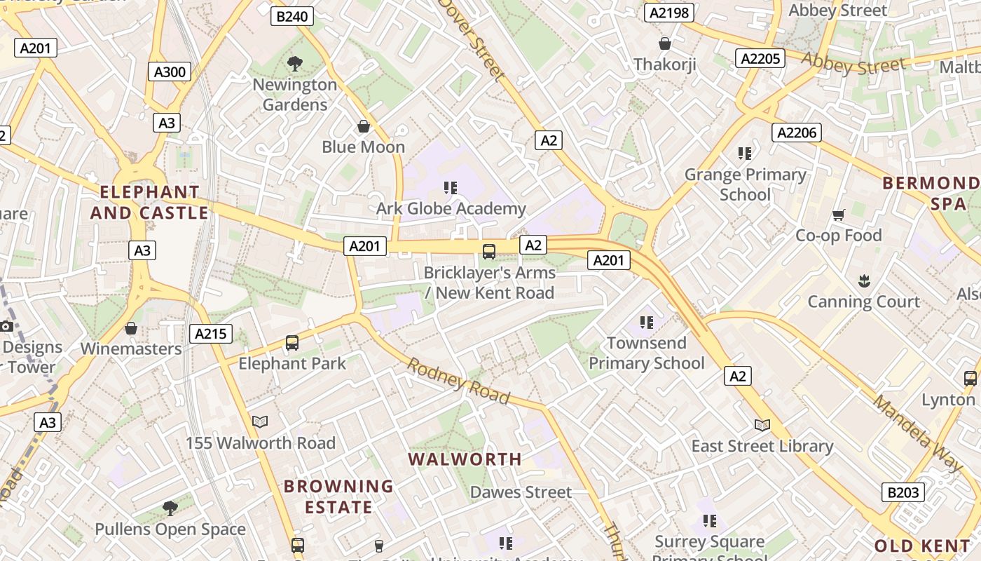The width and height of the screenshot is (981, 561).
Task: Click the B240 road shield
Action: pos(291,16)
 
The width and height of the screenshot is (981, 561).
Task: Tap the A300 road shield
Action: pos(170,72)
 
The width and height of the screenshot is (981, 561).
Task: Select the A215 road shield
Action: pos(210,334)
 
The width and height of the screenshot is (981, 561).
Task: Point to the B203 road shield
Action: pos(903,492)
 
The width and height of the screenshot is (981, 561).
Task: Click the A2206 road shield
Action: pos(797,133)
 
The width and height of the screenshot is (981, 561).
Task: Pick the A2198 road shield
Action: pos(669,13)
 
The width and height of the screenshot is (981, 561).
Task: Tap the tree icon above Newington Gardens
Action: pos(295,64)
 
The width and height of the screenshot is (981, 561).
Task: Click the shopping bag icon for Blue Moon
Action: pos(364,126)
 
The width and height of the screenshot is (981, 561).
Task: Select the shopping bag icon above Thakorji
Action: pos(665,44)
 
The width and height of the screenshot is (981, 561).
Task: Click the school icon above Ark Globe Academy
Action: pos(451,188)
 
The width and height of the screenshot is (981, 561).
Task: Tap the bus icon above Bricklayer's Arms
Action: pos(489,251)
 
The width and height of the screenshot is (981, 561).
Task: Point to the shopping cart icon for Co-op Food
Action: pos(838,215)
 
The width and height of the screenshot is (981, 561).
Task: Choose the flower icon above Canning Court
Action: pos(863,281)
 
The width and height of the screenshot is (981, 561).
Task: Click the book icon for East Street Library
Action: pos(762,425)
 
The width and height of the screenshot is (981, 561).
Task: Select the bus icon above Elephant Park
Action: pos(292,343)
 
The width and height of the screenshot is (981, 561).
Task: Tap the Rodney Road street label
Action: pos(458,381)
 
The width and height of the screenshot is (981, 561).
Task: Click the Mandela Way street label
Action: pos(918,433)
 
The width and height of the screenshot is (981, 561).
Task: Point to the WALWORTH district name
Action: pos(465,459)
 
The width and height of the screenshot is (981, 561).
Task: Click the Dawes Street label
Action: pos(521,492)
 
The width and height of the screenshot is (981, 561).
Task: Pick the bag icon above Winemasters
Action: pos(131,328)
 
